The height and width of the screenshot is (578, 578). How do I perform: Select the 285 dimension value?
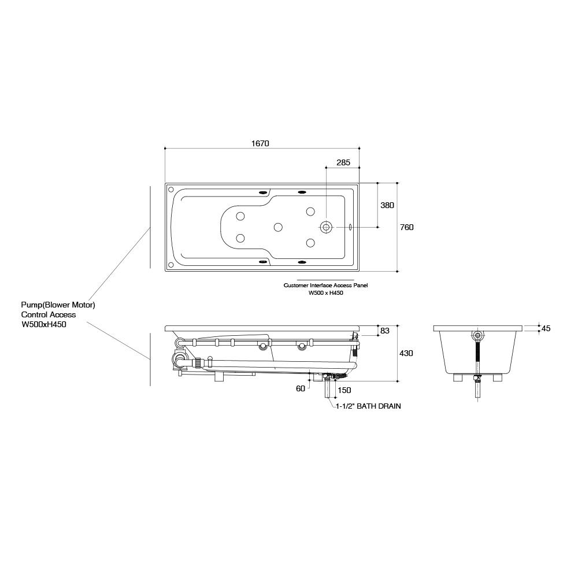tap(343, 162)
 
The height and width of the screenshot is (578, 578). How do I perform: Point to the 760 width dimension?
tap(407, 227)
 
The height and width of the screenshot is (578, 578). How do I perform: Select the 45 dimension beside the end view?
tap(546, 328)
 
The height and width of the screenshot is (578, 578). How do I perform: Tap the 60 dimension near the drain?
tap(301, 388)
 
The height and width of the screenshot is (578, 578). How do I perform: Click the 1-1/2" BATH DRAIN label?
tap(369, 406)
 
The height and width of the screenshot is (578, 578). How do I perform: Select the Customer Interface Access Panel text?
tap(325, 286)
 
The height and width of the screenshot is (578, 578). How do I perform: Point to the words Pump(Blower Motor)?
tap(58, 305)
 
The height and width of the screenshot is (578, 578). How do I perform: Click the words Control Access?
tap(49, 315)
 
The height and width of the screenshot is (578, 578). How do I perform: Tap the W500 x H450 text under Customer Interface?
tap(325, 293)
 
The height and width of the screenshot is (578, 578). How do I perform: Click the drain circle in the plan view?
tap(327, 227)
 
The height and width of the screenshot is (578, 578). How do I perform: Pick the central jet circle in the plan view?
tap(278, 227)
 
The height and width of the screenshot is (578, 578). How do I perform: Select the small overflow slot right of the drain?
tap(351, 227)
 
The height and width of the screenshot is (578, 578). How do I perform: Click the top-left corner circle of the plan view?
tap(171, 188)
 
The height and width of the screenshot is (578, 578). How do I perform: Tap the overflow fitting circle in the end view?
tap(477, 335)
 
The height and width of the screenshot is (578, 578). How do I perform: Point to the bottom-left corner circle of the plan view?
tap(171, 265)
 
